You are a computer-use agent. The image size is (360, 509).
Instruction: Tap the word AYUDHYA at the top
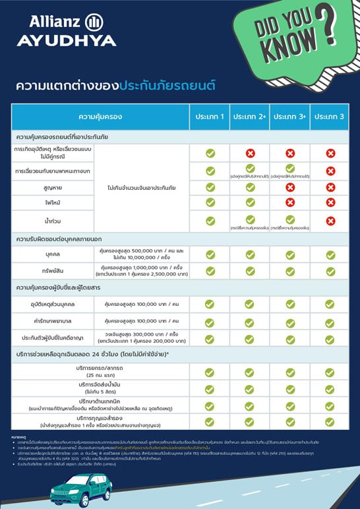[66, 40]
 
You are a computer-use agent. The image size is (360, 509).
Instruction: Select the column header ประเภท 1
[210, 117]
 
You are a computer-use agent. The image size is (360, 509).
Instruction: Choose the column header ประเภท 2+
[250, 117]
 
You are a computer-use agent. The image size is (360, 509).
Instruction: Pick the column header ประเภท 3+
[289, 117]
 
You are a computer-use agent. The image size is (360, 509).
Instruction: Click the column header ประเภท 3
[329, 117]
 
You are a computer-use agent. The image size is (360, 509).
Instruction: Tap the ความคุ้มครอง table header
[100, 117]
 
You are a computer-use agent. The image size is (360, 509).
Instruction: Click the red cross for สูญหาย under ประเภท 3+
[290, 187]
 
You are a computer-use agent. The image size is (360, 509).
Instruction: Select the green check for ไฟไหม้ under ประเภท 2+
[250, 203]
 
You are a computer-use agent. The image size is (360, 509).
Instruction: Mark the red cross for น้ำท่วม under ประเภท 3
[330, 221]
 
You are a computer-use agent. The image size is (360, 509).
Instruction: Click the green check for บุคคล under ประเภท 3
[330, 254]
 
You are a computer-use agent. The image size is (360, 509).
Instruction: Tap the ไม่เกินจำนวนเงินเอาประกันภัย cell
[144, 187]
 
